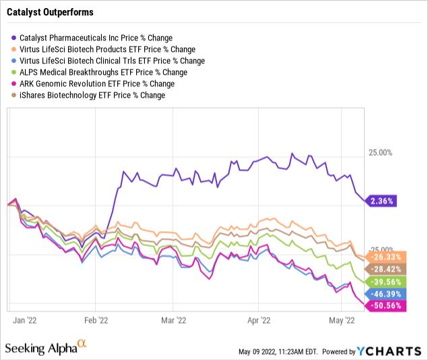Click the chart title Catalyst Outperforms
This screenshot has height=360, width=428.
51,12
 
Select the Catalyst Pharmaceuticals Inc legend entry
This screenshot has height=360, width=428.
95,37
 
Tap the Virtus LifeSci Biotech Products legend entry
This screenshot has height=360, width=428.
107,49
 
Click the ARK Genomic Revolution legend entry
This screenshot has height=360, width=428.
97,84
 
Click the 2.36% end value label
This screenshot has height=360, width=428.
383,201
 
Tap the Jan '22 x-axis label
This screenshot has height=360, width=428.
26,322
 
